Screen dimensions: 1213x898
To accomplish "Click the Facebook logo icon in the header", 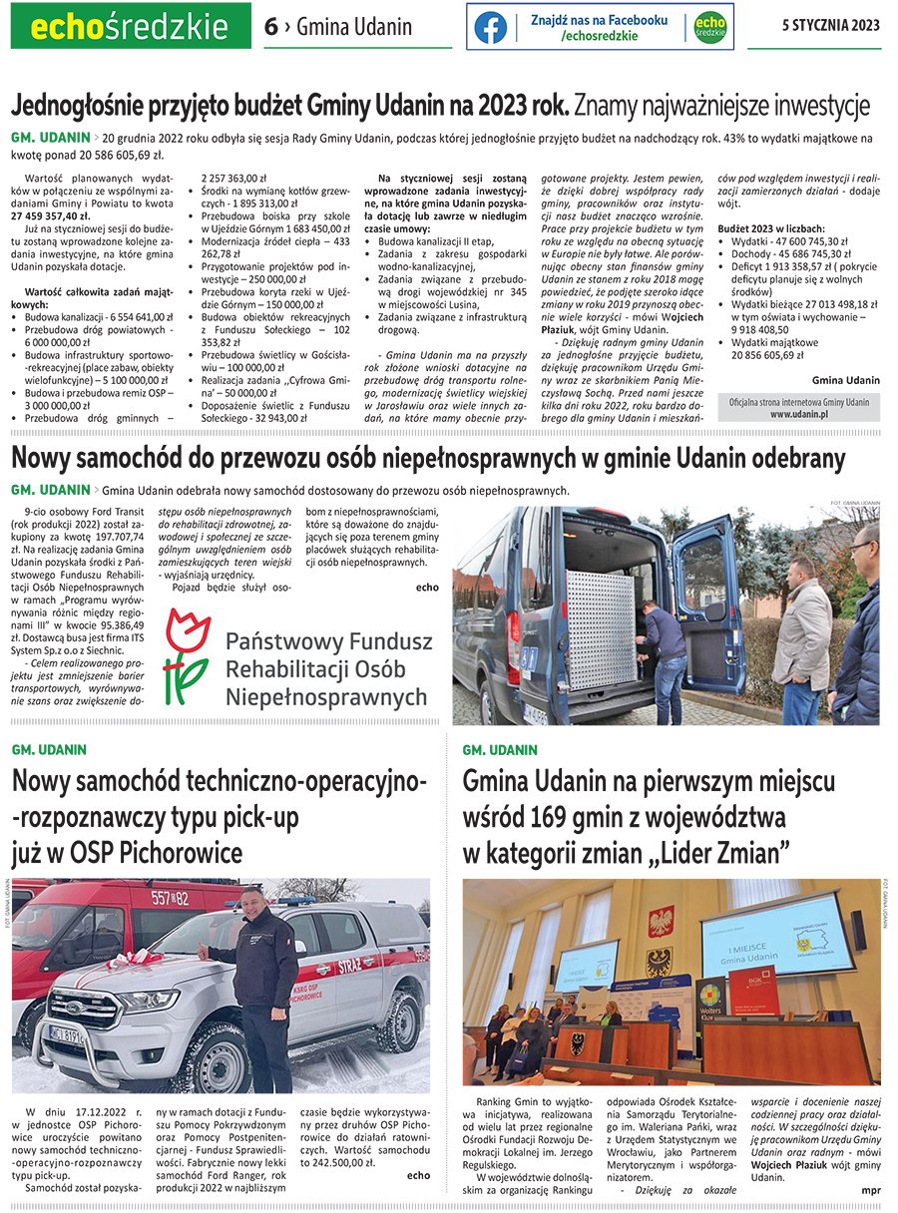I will coord(490,27).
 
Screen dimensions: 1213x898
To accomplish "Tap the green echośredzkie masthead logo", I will coord(131,27).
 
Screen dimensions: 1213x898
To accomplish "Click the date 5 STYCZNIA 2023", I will coord(830,26).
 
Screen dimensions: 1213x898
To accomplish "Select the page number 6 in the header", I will coord(270,27).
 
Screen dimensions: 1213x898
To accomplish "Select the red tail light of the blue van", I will coord(513,631).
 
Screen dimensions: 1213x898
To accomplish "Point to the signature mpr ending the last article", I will coord(870,1189).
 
